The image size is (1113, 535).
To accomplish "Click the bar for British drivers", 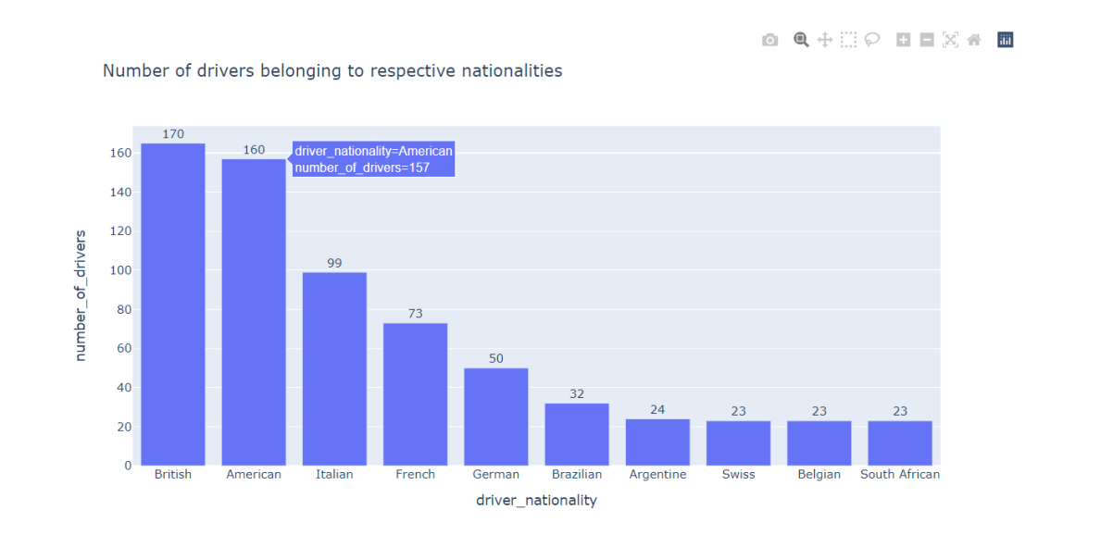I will pyautogui.click(x=173, y=305).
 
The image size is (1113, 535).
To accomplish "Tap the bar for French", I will pyautogui.click(x=415, y=393).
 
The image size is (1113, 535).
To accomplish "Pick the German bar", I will pyautogui.click(x=496, y=417).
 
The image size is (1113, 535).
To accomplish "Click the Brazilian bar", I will pyautogui.click(x=577, y=434).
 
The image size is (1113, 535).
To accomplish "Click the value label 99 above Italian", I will pyautogui.click(x=334, y=264).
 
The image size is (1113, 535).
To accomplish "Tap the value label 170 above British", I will pyautogui.click(x=173, y=134).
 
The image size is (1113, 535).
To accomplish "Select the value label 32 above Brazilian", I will pyautogui.click(x=577, y=394).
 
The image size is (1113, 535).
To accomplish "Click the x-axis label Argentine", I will pyautogui.click(x=657, y=475).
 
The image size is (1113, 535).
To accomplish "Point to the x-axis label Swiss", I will pyautogui.click(x=738, y=475).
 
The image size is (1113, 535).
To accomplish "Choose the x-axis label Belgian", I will pyautogui.click(x=819, y=475).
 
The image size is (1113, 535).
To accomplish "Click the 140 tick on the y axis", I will pyautogui.click(x=120, y=193).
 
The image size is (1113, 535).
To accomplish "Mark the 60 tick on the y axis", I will pyautogui.click(x=124, y=349).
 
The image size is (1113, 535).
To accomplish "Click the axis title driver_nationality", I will pyautogui.click(x=536, y=501).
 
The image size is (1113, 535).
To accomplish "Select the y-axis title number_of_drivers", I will pyautogui.click(x=81, y=295).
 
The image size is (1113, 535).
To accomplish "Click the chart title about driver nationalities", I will pyautogui.click(x=332, y=71).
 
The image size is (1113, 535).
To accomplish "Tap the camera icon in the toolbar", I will pyautogui.click(x=770, y=40).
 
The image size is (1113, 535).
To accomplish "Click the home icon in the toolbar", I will pyautogui.click(x=974, y=40).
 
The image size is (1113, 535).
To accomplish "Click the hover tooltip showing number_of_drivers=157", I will pyautogui.click(x=373, y=159).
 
